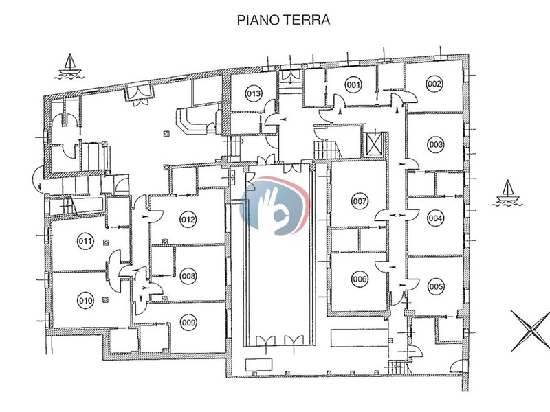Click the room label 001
pyautogui.click(x=353, y=85)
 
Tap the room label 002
pyautogui.click(x=434, y=84)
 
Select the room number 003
pyautogui.click(x=435, y=145)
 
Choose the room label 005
pyautogui.click(x=435, y=286)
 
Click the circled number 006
pyautogui.click(x=359, y=279)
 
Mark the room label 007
pyautogui.click(x=359, y=202)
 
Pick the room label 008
pyautogui.click(x=188, y=277)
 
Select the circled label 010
pyautogui.click(x=85, y=300)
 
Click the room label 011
pyautogui.click(x=85, y=241)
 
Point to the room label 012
pyautogui.click(x=188, y=220)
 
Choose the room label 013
pyautogui.click(x=253, y=93)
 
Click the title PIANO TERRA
pyautogui.click(x=283, y=20)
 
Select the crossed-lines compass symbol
pyautogui.click(x=530, y=330)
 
